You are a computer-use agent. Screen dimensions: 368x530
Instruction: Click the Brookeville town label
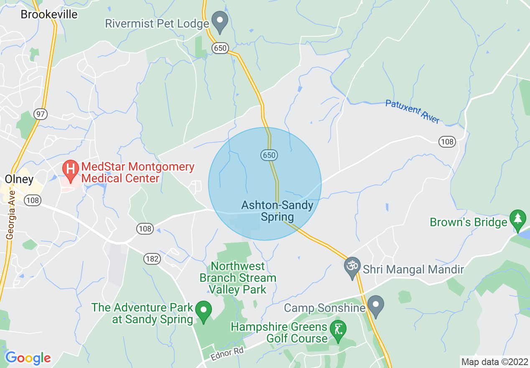pos(49,14)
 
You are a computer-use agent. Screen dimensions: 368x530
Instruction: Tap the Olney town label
pos(19,179)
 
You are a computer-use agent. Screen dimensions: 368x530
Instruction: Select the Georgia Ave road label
pos(10,215)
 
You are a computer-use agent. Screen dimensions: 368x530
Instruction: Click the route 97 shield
pos(41,114)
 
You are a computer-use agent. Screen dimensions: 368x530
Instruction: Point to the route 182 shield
pos(152,259)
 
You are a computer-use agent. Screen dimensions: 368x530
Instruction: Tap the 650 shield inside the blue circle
pos(270,156)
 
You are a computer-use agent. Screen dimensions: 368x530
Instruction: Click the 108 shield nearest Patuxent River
pos(447,141)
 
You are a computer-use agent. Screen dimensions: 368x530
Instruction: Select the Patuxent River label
pos(413,111)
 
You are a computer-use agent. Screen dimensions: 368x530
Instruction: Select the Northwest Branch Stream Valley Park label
pos(238,278)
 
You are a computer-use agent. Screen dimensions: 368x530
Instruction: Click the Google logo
pos(28,358)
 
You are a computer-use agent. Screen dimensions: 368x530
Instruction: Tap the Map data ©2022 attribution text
pos(494,361)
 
